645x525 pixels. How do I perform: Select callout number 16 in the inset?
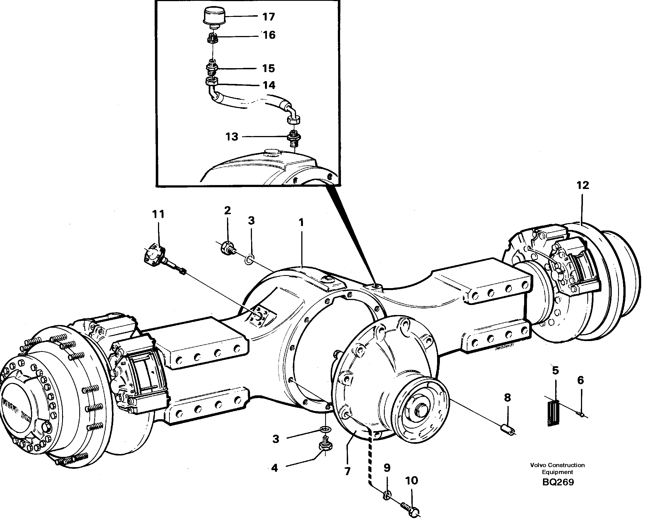pos(269,35)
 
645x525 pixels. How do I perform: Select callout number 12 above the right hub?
pos(582,185)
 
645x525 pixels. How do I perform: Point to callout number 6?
pos(580,380)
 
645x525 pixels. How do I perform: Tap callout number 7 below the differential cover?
pos(347,471)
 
